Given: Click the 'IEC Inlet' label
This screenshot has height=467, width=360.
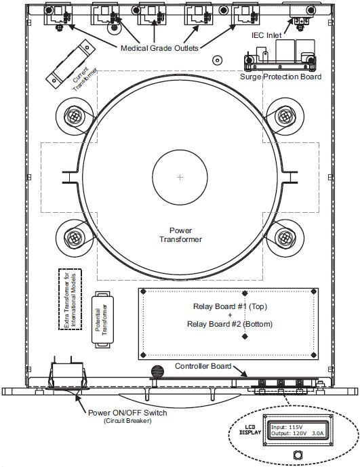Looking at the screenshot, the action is (x=266, y=35).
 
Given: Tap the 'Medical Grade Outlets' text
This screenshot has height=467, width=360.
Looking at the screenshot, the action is (x=159, y=48).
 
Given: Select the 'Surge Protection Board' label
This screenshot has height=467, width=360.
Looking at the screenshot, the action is (x=281, y=77).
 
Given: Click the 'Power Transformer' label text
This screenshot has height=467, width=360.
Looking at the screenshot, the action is (x=180, y=235).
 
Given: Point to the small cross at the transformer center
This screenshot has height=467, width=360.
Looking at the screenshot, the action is (x=180, y=177).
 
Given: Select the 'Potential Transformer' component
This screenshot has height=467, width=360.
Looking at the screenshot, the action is (x=102, y=319).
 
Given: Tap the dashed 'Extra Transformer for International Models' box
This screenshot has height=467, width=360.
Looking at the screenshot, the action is (x=70, y=300).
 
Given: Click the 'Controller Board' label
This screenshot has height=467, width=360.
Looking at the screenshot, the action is (x=203, y=366).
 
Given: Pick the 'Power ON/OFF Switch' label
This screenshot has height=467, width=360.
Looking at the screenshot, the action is (x=127, y=413).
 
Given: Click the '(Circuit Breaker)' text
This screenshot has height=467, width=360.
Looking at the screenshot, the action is (x=127, y=421).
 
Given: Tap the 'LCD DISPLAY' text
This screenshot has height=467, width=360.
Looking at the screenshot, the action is (x=250, y=430).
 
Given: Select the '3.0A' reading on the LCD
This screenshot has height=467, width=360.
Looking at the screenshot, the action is (x=318, y=433).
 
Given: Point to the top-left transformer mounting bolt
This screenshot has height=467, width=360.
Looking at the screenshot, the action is (x=74, y=115).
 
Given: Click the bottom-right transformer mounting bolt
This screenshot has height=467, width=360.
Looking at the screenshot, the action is (x=285, y=237).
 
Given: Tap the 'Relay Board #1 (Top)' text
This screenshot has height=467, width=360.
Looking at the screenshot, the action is (x=230, y=306).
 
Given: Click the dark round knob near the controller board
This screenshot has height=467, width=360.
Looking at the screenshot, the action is (x=158, y=371).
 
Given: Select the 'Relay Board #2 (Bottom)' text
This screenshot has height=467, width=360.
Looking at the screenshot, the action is (x=230, y=324).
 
